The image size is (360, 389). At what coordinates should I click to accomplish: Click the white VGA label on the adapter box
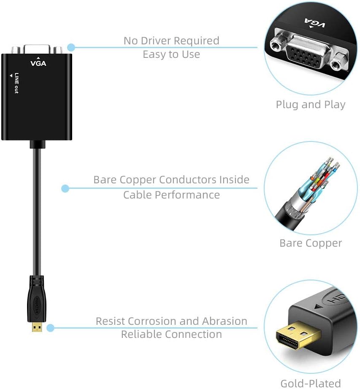click(38, 64)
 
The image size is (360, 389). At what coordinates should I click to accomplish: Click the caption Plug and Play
click(311, 105)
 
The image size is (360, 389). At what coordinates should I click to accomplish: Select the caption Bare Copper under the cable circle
click(311, 243)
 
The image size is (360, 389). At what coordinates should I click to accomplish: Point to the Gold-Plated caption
click(311, 384)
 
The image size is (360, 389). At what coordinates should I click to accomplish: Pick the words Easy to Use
click(171, 54)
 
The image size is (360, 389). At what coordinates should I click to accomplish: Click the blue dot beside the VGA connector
click(71, 47)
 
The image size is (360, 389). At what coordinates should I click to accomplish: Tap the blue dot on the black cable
click(65, 188)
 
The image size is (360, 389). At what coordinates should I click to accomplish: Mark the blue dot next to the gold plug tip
click(50, 328)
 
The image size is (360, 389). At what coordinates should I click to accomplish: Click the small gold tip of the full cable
click(37, 326)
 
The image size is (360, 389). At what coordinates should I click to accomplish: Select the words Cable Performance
click(171, 195)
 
